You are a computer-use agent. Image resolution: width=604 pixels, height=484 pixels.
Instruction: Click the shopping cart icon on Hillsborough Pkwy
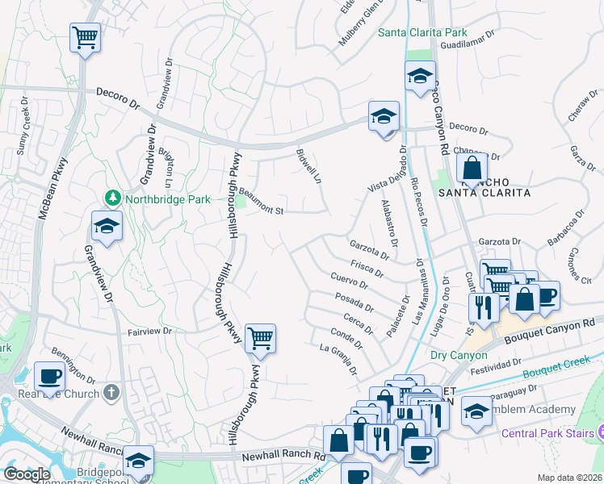[x=260, y=338]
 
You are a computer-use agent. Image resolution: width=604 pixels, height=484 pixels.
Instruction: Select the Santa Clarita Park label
[x=422, y=32]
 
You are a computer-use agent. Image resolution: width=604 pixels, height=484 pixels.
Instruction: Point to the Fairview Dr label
[x=151, y=331]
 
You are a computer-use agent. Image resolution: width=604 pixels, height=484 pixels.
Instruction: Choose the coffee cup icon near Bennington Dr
[x=49, y=375]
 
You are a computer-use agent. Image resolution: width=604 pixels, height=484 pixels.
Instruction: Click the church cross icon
[x=111, y=393]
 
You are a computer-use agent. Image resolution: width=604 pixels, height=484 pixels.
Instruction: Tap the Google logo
[x=27, y=474]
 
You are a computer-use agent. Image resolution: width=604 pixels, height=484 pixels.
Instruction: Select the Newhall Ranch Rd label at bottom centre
[x=283, y=457]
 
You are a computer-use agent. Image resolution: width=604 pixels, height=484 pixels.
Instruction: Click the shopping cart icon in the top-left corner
[x=85, y=36]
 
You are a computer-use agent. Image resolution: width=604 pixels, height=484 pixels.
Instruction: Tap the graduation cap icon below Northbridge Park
[x=106, y=226]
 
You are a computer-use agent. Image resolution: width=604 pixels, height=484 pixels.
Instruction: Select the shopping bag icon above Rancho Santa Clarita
[x=472, y=168]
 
